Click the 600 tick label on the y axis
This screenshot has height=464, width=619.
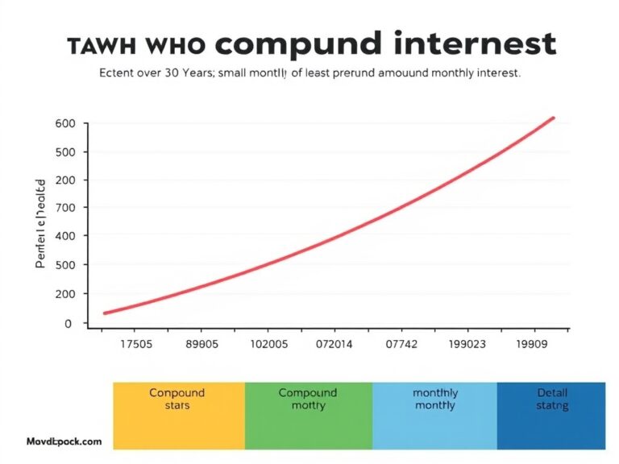[x=65, y=123]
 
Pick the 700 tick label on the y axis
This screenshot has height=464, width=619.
[x=65, y=207]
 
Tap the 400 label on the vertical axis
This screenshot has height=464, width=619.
[x=65, y=235]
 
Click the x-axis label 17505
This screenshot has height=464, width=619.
[x=137, y=342]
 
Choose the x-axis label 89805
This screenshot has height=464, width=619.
[x=201, y=342]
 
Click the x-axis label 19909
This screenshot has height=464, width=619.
[x=530, y=342]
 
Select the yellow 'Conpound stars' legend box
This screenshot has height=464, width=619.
[x=178, y=415]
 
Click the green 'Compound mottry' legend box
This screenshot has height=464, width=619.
[x=308, y=415]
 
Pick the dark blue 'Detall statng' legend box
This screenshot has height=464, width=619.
[x=551, y=415]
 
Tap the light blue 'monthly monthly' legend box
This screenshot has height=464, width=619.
[x=435, y=415]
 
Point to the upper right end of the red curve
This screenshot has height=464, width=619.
[x=554, y=118]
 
